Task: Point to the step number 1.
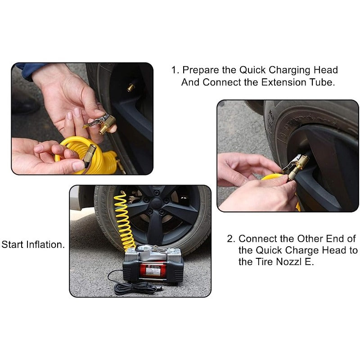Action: pos(175,70)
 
